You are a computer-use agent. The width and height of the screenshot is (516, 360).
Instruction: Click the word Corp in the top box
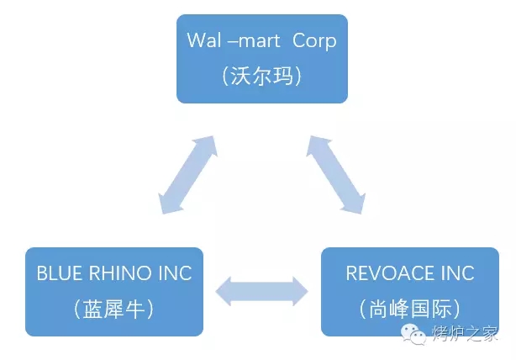pyautogui.click(x=313, y=40)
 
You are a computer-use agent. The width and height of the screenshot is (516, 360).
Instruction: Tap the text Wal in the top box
pyautogui.click(x=203, y=40)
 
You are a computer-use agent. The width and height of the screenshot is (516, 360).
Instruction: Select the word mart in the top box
pyautogui.click(x=256, y=40)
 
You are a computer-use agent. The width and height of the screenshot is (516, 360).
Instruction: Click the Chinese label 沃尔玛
pyautogui.click(x=261, y=76)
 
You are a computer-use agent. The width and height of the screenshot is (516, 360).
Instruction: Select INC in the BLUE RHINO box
pyautogui.click(x=172, y=273)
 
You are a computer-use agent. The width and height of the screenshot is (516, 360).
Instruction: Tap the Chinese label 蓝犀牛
pyautogui.click(x=113, y=309)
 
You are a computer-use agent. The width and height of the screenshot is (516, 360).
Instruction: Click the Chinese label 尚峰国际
pyautogui.click(x=409, y=309)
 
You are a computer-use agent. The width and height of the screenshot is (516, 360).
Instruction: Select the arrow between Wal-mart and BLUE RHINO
pyautogui.click(x=187, y=174)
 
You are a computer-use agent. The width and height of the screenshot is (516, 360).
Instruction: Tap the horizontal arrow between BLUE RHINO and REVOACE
pyautogui.click(x=262, y=291)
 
